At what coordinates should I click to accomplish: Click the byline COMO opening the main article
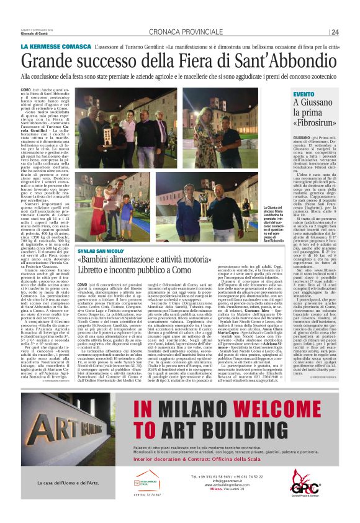point(25,90)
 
